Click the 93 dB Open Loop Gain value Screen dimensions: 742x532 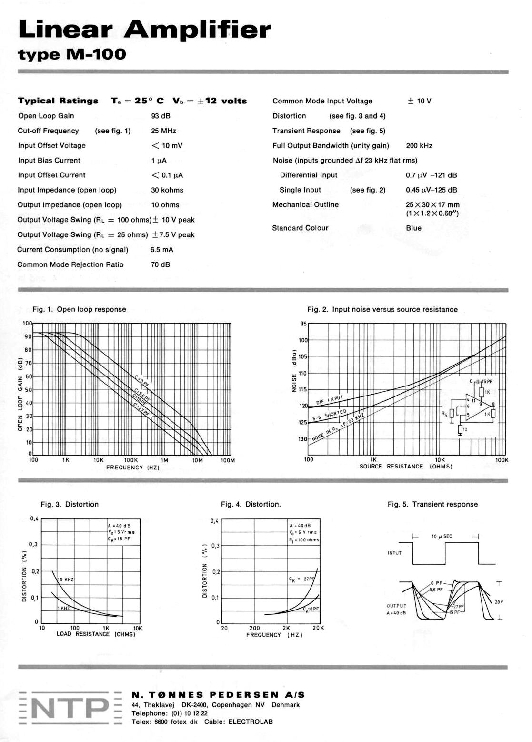tap(161, 116)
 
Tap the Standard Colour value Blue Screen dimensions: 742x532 tap(413, 228)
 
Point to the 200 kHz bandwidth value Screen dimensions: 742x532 tap(419, 145)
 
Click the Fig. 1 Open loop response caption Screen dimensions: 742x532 tap(79, 309)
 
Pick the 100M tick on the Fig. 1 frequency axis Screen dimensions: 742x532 tap(228, 460)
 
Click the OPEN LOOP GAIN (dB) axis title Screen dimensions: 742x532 tap(20, 394)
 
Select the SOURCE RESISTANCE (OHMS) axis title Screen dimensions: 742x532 tap(406, 467)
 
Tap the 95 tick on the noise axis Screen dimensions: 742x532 tap(303, 324)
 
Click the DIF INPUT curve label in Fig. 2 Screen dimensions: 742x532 tap(329, 400)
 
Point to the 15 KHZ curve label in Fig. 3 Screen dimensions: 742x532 tap(66, 579)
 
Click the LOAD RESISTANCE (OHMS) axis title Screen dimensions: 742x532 tap(96, 634)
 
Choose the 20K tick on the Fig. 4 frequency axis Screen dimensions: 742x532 tap(318, 628)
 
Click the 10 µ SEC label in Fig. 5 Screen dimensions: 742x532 tap(442, 536)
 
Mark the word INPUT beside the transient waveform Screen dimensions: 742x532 tap(394, 553)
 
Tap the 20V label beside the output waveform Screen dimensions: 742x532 tap(498, 602)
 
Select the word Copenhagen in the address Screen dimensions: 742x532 tap(231, 705)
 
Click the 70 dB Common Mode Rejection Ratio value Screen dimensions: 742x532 tap(160, 264)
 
